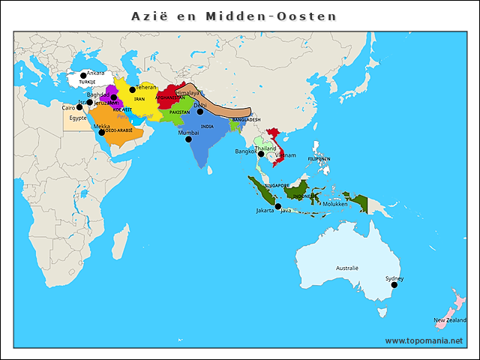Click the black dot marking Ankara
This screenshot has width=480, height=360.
click(83, 76)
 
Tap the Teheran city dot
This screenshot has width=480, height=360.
click(133, 90)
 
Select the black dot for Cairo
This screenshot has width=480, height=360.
click(79, 107)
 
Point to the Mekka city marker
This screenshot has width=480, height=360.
click(102, 133)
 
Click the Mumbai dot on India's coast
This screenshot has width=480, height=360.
click(188, 139)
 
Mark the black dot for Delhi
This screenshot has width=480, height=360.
click(200, 112)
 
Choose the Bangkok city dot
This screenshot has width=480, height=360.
click(261, 154)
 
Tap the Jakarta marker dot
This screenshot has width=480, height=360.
click(278, 206)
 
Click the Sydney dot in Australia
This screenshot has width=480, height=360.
click(394, 284)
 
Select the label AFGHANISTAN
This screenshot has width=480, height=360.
click(169, 97)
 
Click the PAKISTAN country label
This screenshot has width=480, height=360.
click(179, 112)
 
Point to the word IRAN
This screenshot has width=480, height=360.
click(139, 98)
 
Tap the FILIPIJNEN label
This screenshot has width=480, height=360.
click(319, 159)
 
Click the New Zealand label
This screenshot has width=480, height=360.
click(449, 320)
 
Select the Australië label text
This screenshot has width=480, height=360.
click(347, 268)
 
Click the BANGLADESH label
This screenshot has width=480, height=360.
click(246, 119)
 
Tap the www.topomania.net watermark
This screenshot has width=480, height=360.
click(425, 340)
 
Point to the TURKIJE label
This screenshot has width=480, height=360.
click(88, 82)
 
